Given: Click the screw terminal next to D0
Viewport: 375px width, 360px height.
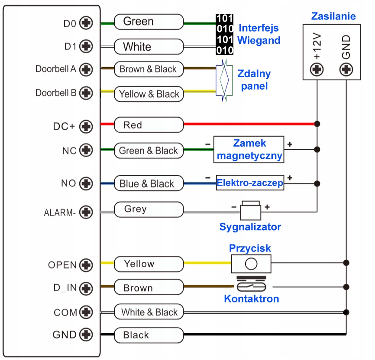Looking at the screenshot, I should (87, 23).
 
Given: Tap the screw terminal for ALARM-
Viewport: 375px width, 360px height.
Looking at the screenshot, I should (87, 212).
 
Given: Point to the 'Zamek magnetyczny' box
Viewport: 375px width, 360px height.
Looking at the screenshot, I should (249, 150).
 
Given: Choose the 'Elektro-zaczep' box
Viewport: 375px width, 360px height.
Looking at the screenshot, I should (250, 183).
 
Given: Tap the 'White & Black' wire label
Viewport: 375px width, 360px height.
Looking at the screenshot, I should (149, 312).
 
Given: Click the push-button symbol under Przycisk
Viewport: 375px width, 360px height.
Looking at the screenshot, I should (251, 263).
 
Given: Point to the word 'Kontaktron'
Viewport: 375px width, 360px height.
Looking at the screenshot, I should (251, 299).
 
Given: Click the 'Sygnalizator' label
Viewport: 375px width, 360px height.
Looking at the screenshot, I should (250, 227).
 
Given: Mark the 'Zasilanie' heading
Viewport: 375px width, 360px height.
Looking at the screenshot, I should (333, 16).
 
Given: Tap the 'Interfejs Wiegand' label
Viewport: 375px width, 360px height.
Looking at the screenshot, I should (259, 34).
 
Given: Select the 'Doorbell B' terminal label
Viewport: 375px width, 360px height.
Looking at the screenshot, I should (56, 93).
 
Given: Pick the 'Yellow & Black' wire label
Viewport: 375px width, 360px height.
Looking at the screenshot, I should (149, 94).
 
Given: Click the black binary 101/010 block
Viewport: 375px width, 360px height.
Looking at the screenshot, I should (225, 34).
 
